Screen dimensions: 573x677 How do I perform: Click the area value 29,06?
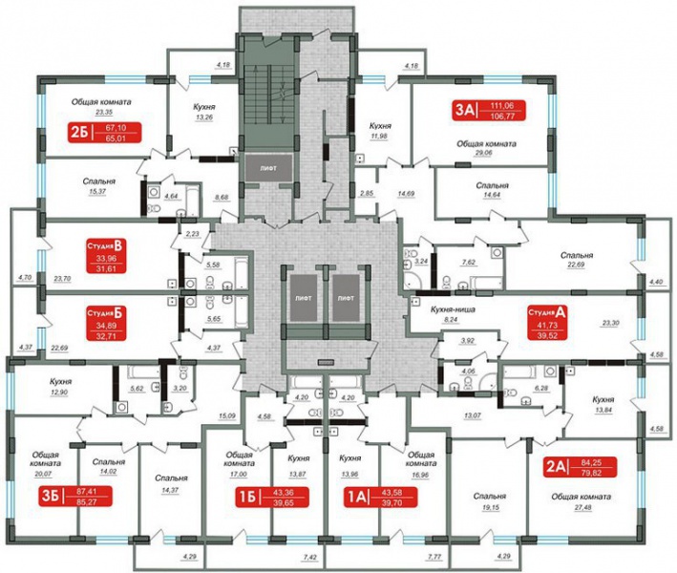point(487,153)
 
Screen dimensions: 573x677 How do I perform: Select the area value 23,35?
point(97,111)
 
